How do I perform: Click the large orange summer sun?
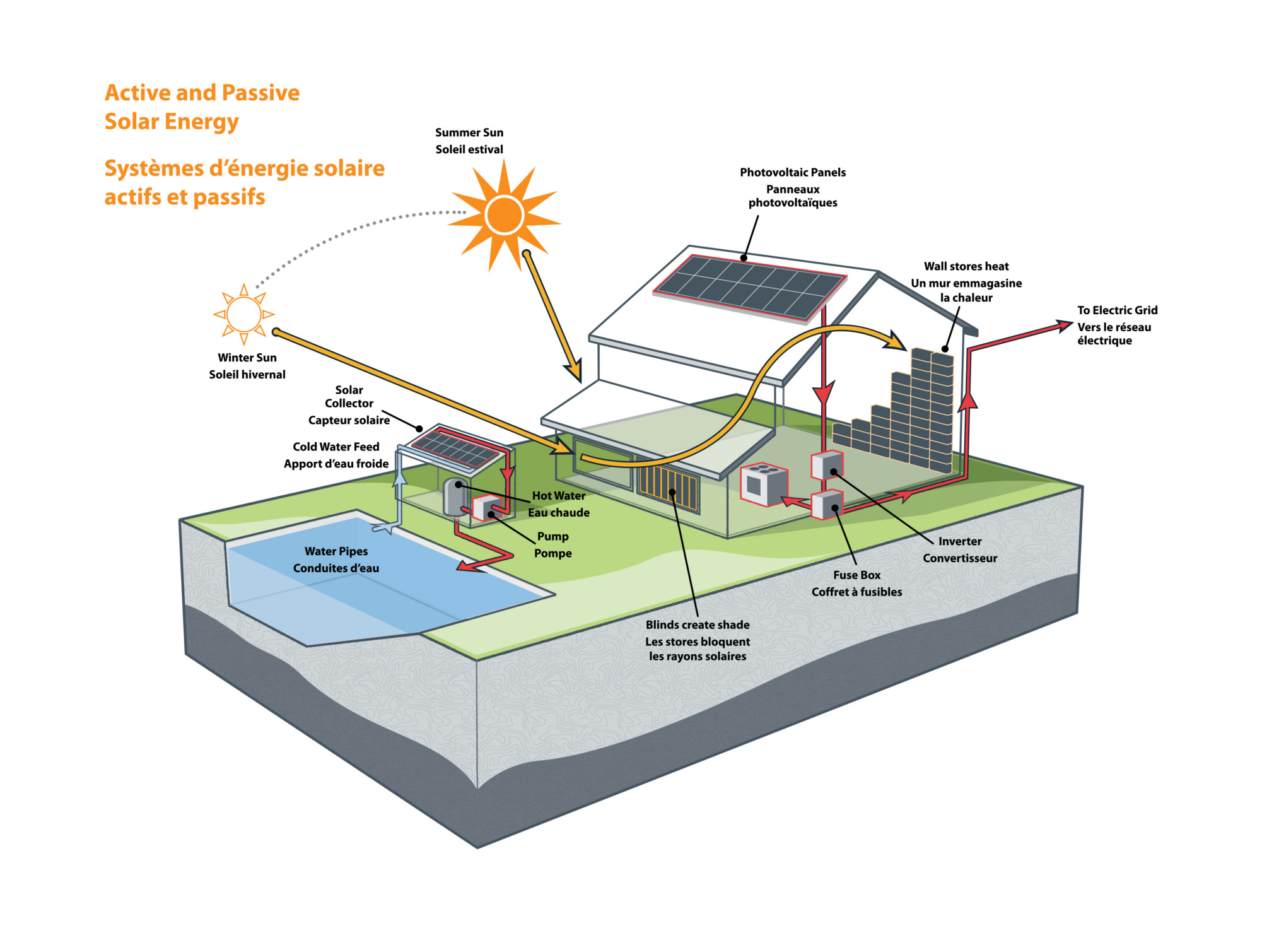pyautogui.click(x=504, y=215)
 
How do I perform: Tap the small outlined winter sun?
pyautogui.click(x=243, y=314)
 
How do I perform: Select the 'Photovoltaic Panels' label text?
pyautogui.click(x=792, y=172)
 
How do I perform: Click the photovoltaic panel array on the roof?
pyautogui.click(x=751, y=287)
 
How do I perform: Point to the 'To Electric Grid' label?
pyautogui.click(x=1116, y=310)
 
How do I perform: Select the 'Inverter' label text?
pyautogui.click(x=959, y=541)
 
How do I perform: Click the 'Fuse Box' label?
pyautogui.click(x=856, y=575)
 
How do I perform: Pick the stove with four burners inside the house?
pyautogui.click(x=763, y=484)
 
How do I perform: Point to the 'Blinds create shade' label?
pyautogui.click(x=697, y=625)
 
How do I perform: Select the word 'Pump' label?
pyautogui.click(x=552, y=536)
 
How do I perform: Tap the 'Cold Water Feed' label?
pyautogui.click(x=336, y=447)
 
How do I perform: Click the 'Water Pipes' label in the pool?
pyautogui.click(x=336, y=551)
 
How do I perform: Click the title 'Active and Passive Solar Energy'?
pyautogui.click(x=202, y=107)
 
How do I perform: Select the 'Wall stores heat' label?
pyautogui.click(x=966, y=266)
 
